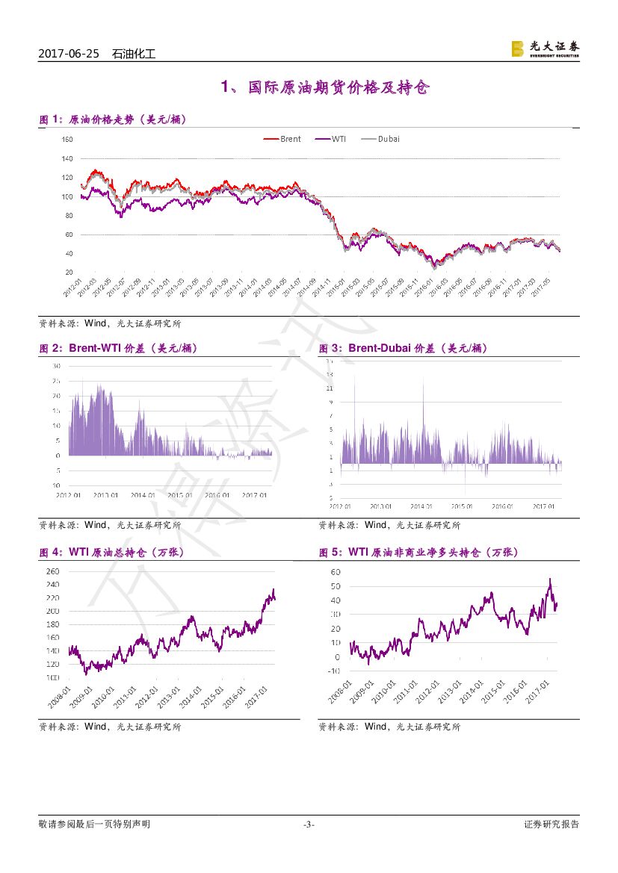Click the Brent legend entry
pyautogui.click(x=282, y=139)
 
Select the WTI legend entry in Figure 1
pyautogui.click(x=330, y=139)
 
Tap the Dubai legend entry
pyautogui.click(x=380, y=139)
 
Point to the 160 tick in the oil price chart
pyautogui.click(x=67, y=140)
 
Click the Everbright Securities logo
pyautogui.click(x=545, y=49)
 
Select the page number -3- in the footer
pyautogui.click(x=309, y=824)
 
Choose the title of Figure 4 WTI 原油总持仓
pyautogui.click(x=111, y=553)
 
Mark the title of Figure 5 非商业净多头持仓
pyautogui.click(x=418, y=553)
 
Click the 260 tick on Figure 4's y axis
pyautogui.click(x=52, y=571)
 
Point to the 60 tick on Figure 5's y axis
pyautogui.click(x=336, y=572)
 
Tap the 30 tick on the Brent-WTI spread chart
pyautogui.click(x=56, y=367)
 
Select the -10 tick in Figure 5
pyautogui.click(x=333, y=671)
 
